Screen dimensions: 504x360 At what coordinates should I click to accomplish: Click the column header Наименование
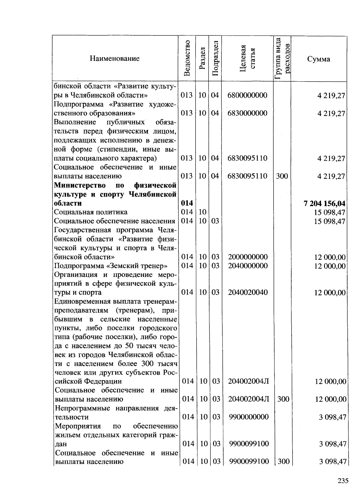pos(115,58)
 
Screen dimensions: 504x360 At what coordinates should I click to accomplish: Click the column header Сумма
pos(319,59)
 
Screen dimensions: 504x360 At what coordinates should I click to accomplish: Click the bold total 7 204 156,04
pos(324,204)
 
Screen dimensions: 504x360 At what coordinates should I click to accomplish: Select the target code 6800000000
pos(247,95)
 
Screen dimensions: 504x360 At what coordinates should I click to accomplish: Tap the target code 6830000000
pos(247,113)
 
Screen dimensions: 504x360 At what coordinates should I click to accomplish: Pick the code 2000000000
pos(247,257)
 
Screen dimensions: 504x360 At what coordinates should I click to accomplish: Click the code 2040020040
pos(247,292)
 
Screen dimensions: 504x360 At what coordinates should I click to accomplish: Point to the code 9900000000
pos(249,417)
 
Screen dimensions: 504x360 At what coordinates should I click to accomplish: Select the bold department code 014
pos(187,203)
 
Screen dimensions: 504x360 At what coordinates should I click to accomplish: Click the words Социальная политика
pos(91,212)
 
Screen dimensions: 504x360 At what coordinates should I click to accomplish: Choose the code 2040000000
pos(247,266)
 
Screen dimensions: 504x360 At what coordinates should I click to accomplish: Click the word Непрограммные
pos(82,408)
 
